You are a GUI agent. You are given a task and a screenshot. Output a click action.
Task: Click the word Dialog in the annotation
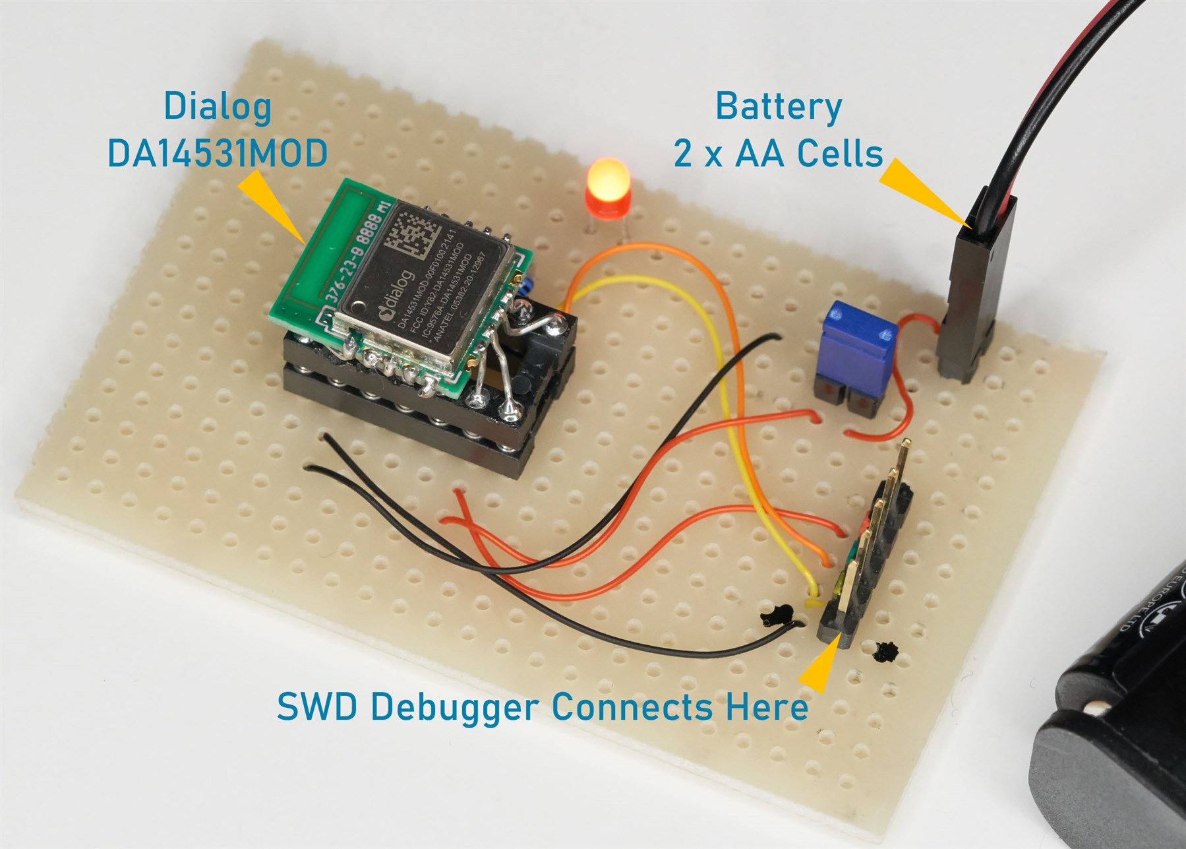(x=218, y=107)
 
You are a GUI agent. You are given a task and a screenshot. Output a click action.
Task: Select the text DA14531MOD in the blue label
(x=218, y=154)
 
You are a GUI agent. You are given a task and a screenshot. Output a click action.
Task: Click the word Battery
(x=779, y=107)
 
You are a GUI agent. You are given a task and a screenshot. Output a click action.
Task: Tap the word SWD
(x=317, y=708)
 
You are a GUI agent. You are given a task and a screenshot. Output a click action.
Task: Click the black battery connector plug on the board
(x=974, y=290)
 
